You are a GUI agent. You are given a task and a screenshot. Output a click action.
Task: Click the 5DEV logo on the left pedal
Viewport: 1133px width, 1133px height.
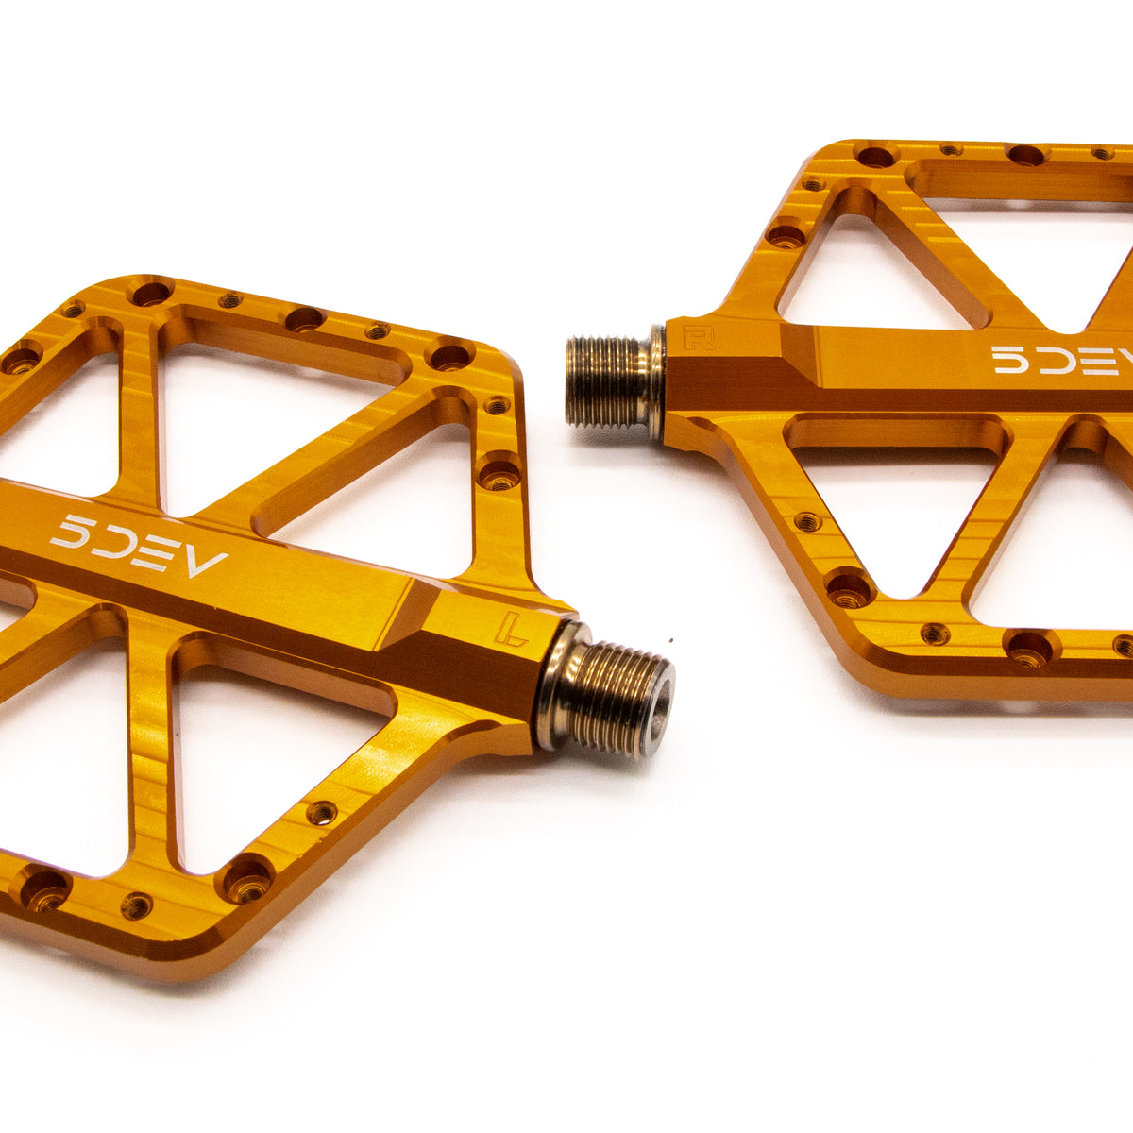[138, 546]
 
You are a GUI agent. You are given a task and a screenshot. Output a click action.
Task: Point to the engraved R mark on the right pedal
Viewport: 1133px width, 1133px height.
[700, 339]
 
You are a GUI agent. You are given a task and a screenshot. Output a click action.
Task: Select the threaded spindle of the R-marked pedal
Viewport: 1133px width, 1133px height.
[605, 380]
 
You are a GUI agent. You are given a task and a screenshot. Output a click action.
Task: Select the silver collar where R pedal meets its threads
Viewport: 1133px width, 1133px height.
[655, 381]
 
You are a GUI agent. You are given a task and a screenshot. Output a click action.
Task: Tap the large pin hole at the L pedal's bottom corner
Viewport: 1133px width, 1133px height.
[247, 881]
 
